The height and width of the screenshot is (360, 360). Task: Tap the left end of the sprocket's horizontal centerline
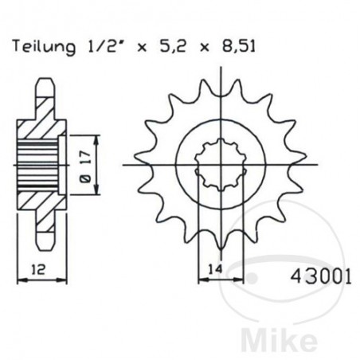pos(126,166)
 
